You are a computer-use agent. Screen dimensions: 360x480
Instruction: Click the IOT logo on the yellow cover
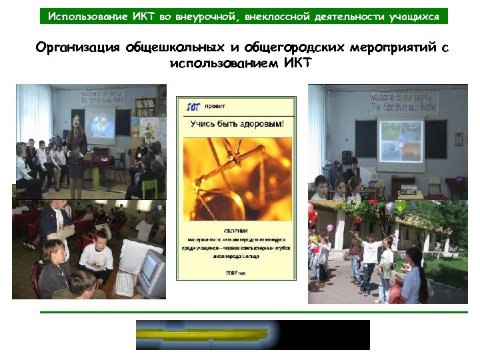pos(193,106)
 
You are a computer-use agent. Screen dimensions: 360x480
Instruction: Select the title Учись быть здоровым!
pos(237,124)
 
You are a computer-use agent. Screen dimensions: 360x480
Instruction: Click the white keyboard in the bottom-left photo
pos(125,283)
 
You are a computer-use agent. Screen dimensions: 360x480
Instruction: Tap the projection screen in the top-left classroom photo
pos(105,123)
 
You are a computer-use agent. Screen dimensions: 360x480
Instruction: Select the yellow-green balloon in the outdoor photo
pos(399,207)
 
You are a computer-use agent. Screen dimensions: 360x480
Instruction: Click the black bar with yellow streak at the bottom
pos(253,335)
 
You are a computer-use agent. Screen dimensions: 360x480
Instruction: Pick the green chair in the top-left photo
pos(151,187)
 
